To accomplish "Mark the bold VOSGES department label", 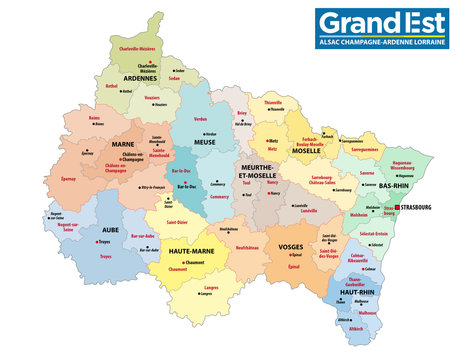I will click(296, 247).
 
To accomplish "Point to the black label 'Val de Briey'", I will click(242, 124).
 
